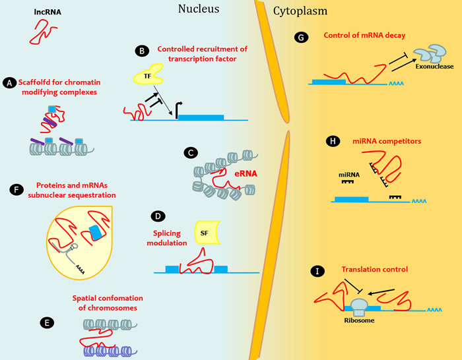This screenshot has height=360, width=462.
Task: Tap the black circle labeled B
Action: click(141, 51)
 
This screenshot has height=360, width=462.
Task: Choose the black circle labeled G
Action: click(302, 38)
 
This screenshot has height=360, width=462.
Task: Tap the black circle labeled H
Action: click(332, 140)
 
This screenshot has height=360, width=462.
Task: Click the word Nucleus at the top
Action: click(199, 9)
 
